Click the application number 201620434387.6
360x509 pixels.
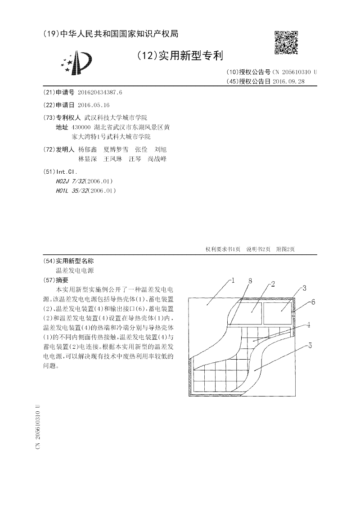tap(100, 92)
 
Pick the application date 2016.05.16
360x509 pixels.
tap(94, 105)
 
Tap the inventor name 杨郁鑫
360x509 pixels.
tap(87, 149)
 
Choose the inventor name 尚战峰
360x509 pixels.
tap(157, 159)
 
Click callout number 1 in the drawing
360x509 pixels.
tap(233, 280)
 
